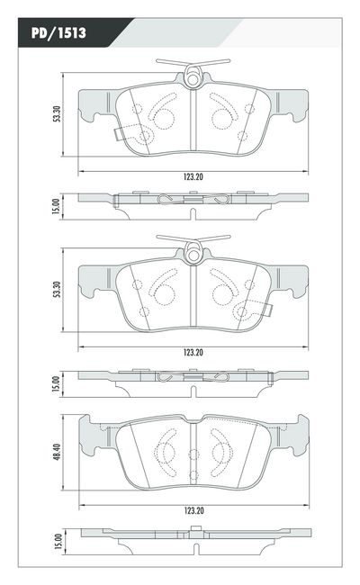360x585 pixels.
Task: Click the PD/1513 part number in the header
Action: tap(58, 32)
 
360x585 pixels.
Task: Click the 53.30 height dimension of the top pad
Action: tap(57, 114)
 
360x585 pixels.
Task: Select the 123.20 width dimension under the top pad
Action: tap(193, 176)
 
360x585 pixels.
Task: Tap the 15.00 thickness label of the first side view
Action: tap(56, 206)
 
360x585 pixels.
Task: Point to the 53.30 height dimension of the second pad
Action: tap(57, 290)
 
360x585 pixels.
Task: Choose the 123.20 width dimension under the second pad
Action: tap(193, 352)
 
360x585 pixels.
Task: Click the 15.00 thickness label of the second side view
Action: tap(56, 383)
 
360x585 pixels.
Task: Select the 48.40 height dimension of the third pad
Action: tap(57, 452)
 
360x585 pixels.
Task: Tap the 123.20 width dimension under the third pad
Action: tap(194, 510)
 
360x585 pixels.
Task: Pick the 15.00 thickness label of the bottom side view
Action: tap(58, 541)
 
